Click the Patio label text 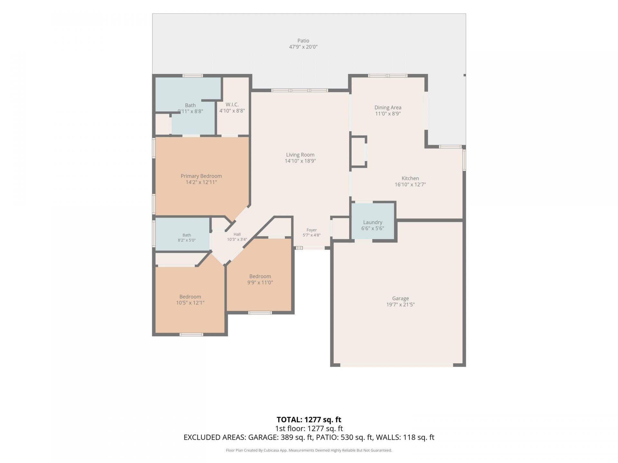[x=303, y=41]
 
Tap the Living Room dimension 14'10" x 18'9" [x=300, y=161]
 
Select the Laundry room [x=373, y=222]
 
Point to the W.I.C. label [x=232, y=104]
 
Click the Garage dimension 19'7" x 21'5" [x=400, y=304]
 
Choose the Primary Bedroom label [x=201, y=176]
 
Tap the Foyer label [x=312, y=230]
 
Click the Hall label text [x=237, y=234]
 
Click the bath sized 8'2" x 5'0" [x=183, y=234]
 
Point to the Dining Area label [x=388, y=107]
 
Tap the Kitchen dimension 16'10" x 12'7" [x=410, y=185]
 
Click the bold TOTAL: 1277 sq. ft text [x=309, y=420]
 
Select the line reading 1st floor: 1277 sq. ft [x=309, y=429]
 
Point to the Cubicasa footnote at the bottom [x=309, y=450]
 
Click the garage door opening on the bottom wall [x=397, y=365]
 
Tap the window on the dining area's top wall [x=388, y=76]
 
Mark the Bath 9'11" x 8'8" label [x=190, y=108]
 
